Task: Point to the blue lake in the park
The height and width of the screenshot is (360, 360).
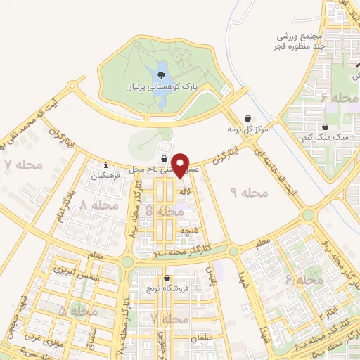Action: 162,88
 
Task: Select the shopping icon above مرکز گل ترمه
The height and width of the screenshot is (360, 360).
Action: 247,119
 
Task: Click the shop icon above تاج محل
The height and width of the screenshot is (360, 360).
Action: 165,160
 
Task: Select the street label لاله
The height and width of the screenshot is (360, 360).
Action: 186,191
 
